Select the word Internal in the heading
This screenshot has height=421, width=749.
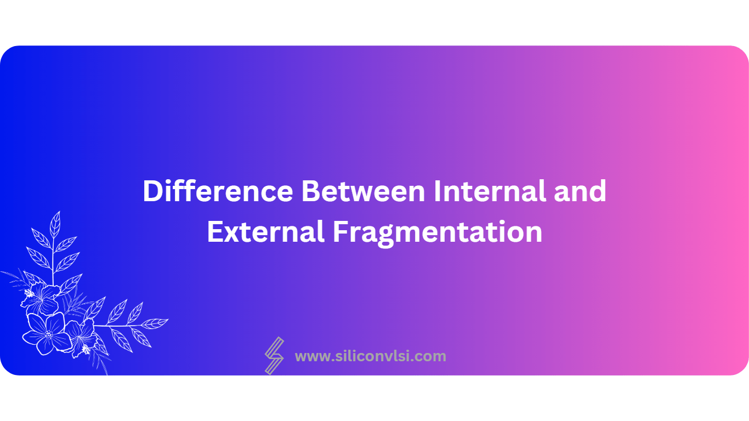(x=489, y=191)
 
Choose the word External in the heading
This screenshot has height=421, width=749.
(x=265, y=232)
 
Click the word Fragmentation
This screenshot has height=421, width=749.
(x=438, y=232)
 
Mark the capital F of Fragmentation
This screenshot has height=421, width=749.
(x=340, y=232)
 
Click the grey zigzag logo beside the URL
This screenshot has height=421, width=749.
(x=274, y=355)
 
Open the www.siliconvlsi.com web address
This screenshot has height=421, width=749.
(x=370, y=356)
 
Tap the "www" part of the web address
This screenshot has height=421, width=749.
(x=311, y=357)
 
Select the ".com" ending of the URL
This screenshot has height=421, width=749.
(x=432, y=357)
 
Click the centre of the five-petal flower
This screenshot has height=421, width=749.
(x=48, y=334)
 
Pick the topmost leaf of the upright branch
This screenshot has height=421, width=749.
(x=55, y=223)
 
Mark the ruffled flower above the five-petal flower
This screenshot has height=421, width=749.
(x=43, y=299)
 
